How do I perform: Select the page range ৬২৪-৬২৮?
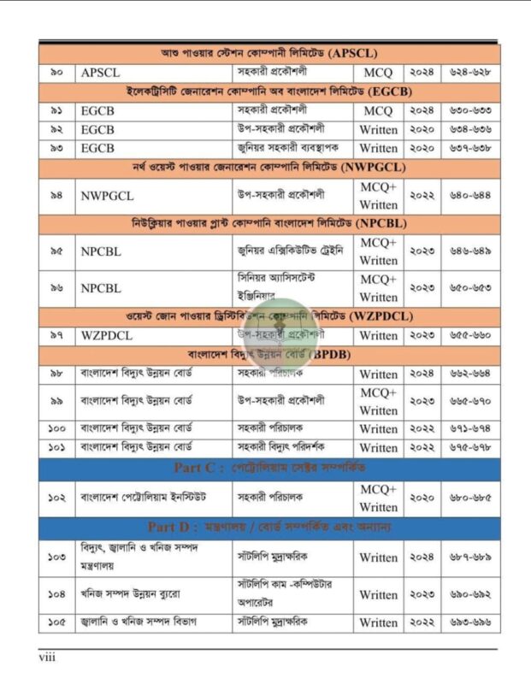click(469, 73)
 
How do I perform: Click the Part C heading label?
click(199, 468)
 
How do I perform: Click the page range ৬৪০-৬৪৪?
click(469, 196)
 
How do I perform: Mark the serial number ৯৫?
click(56, 251)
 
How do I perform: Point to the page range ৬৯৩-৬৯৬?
click(469, 622)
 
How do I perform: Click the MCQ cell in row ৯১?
click(378, 111)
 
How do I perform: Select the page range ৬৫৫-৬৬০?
click(469, 335)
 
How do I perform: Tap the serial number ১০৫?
click(56, 622)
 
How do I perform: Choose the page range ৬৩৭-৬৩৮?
click(469, 148)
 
